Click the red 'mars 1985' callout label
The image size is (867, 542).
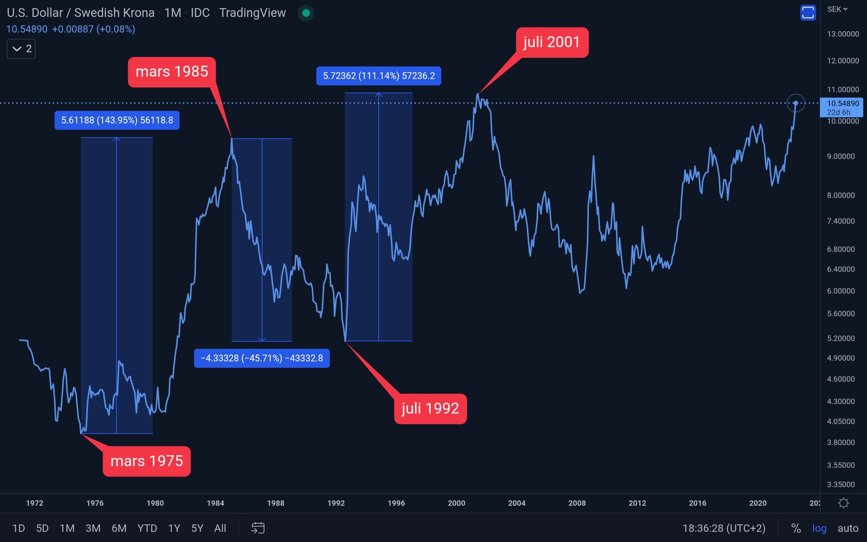(x=172, y=72)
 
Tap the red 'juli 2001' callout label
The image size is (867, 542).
(x=551, y=42)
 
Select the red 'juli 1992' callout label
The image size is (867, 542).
(x=430, y=409)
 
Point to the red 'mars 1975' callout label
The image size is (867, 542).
(x=147, y=461)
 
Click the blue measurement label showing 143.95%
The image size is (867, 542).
(x=117, y=120)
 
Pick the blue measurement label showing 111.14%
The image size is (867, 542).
(x=378, y=76)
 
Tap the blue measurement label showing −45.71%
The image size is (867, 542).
(x=261, y=358)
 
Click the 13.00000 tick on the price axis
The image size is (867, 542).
(x=843, y=34)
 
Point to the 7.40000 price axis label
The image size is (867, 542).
(x=841, y=221)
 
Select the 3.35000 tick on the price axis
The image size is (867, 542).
(x=841, y=484)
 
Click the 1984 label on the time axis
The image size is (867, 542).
(x=215, y=503)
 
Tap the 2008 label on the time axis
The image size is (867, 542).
(x=577, y=503)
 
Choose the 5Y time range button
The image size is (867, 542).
(x=197, y=528)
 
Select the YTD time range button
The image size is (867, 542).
(x=147, y=528)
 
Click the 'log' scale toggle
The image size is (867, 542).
(x=819, y=528)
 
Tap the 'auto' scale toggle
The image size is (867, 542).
(x=848, y=528)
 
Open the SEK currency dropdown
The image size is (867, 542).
(x=837, y=9)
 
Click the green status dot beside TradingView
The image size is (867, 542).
(x=306, y=13)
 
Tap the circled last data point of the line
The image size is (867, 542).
(x=795, y=103)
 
